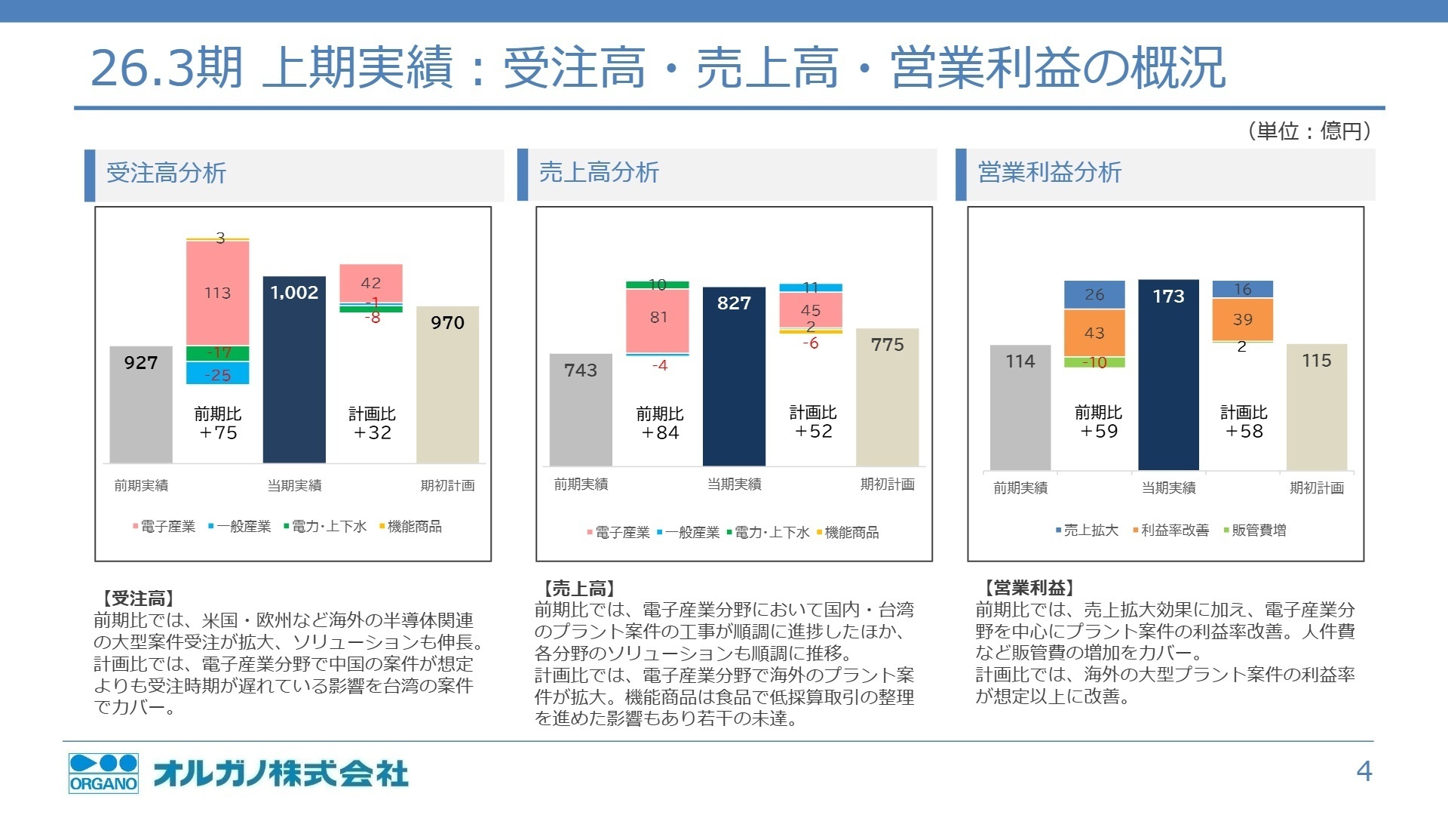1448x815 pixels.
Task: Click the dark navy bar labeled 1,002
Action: click(294, 370)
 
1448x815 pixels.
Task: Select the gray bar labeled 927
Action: click(141, 404)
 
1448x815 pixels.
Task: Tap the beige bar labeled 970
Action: click(447, 385)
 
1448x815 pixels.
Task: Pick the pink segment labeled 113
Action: click(218, 293)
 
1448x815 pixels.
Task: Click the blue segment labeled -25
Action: click(218, 374)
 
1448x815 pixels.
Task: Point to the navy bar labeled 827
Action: click(734, 377)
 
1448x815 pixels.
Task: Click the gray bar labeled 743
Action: click(581, 410)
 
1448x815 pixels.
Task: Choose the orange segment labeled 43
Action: click(1094, 333)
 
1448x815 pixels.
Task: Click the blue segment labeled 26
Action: click(1094, 295)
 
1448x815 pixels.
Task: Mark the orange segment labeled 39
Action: click(1242, 319)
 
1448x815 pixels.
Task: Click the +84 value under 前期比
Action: click(660, 433)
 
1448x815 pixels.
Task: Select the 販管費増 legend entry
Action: click(1258, 531)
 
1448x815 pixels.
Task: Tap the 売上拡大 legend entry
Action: click(1090, 531)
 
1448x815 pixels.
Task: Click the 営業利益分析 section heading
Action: click(1049, 173)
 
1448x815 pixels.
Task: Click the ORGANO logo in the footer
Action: click(103, 773)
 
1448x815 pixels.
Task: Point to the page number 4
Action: click(1364, 771)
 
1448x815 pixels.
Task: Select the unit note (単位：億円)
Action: click(1308, 131)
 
